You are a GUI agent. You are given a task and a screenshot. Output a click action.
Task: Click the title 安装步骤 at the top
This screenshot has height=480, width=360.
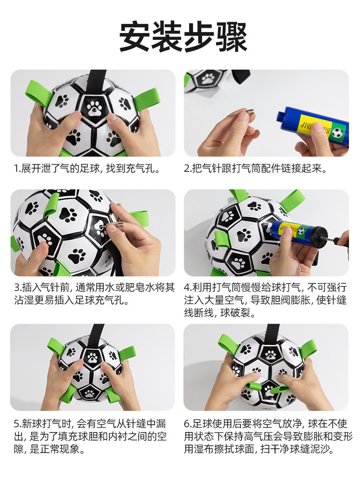(x=183, y=37)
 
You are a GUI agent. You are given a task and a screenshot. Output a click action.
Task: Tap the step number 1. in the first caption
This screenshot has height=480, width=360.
(x=17, y=168)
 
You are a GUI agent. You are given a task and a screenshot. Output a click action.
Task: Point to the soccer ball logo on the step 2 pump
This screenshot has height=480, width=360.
(x=337, y=133)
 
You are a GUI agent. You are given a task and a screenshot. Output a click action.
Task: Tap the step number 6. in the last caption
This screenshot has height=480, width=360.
(x=188, y=424)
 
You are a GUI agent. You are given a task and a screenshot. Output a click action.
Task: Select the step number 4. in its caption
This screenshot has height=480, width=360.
(x=188, y=288)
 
